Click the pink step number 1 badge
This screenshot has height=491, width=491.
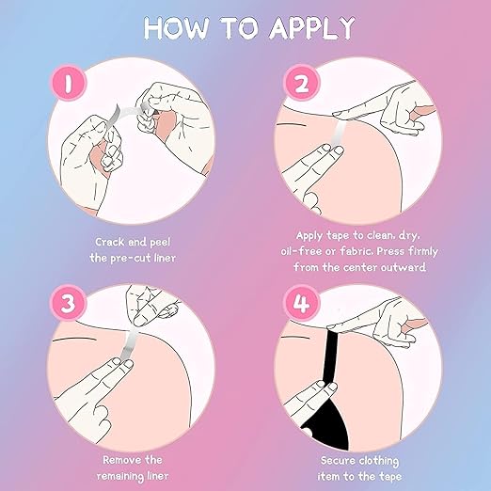[69, 83]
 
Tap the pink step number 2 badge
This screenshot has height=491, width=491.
[301, 83]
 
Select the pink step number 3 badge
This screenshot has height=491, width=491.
[69, 303]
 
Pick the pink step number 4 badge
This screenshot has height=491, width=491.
[301, 303]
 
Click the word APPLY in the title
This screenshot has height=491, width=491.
[312, 27]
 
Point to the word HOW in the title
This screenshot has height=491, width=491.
[175, 27]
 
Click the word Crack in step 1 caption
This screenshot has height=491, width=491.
[110, 242]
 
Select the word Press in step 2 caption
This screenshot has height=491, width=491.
[390, 251]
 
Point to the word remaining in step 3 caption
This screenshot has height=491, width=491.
[120, 476]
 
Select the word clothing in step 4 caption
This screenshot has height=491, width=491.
[379, 461]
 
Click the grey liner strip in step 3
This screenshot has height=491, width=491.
[130, 345]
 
